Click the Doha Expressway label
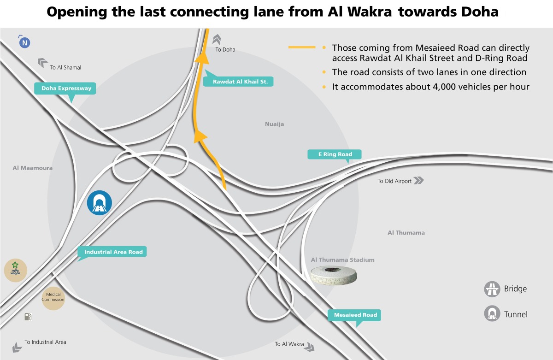tap(66, 88)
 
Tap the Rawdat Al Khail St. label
tap(237, 82)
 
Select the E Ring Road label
tap(335, 154)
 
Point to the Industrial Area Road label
tap(113, 252)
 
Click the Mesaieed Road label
tap(355, 315)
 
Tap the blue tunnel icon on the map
tap(99, 203)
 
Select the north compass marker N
tap(24, 43)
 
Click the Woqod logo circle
tap(15, 270)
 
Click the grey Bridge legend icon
tap(492, 289)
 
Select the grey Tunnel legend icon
tap(492, 314)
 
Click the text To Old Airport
tap(394, 181)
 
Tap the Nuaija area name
tap(274, 124)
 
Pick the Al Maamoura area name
tap(32, 168)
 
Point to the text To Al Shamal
tap(65, 67)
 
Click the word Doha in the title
tap(480, 12)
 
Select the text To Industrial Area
tap(45, 342)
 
